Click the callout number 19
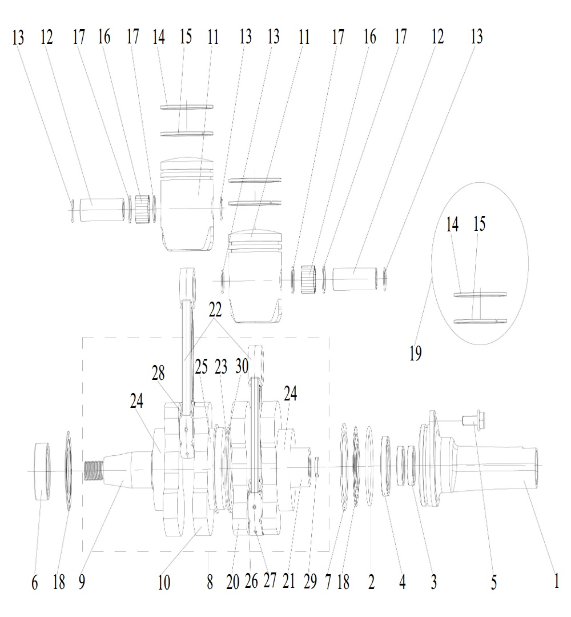[415, 353]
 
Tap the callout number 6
[35, 582]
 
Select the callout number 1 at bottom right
[556, 581]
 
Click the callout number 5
[493, 582]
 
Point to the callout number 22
[215, 310]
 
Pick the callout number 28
[158, 372]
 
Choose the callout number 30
[242, 366]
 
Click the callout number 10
[164, 582]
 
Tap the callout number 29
[310, 582]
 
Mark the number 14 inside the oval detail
[452, 225]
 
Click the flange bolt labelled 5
[474, 419]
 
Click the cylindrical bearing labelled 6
[43, 471]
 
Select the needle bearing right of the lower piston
[309, 279]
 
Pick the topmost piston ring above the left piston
[187, 107]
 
